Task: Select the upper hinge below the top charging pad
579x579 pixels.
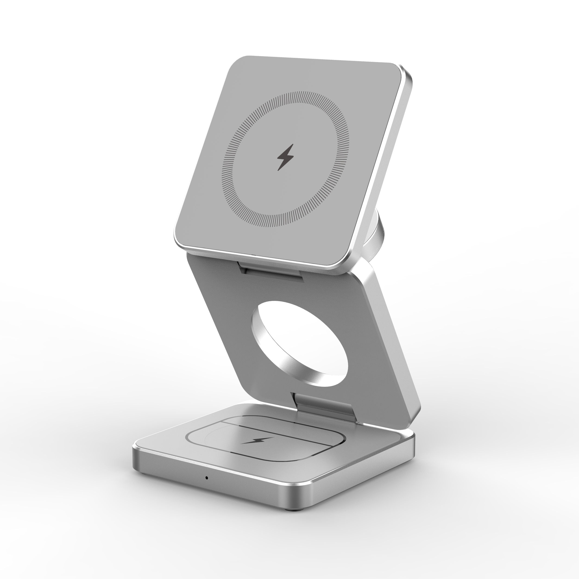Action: pyautogui.click(x=271, y=271)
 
